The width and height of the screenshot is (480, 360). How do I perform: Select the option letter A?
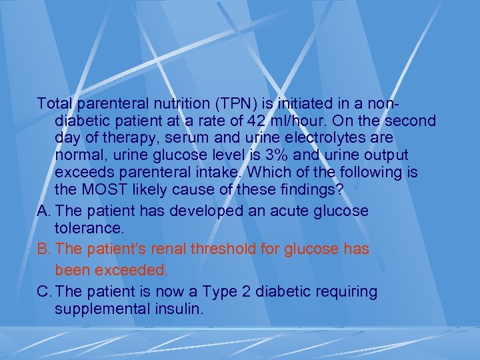45,211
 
